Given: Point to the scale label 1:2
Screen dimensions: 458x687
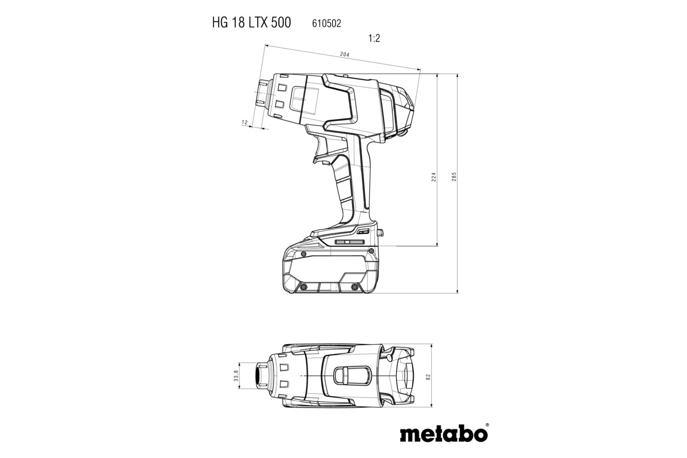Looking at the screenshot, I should (x=374, y=39).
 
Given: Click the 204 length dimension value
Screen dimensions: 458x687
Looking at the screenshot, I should (x=344, y=54).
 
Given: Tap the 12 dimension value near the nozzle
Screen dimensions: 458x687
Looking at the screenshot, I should (x=244, y=123).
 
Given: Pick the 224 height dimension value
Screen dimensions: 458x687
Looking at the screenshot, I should (x=434, y=177).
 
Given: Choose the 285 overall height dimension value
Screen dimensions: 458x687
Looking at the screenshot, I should (x=454, y=177).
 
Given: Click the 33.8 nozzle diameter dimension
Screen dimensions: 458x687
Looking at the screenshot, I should (x=235, y=376).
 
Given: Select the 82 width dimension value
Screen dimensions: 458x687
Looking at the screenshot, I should (x=428, y=376).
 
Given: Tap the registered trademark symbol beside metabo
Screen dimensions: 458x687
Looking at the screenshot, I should (x=487, y=425).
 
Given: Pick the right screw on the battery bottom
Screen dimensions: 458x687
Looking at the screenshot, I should (x=355, y=286).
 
